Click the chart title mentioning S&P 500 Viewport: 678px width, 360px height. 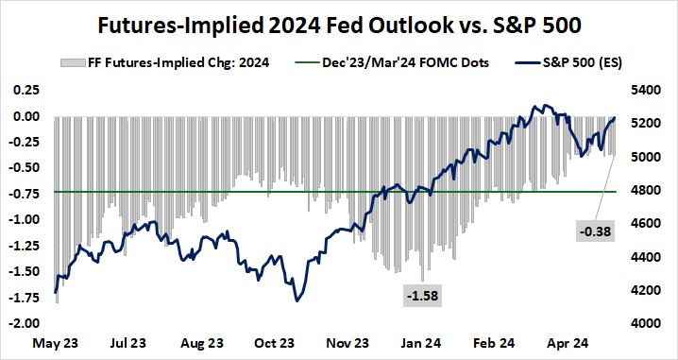click(x=338, y=22)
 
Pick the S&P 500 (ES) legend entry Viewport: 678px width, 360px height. click(x=560, y=64)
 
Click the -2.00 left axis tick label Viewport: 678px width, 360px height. click(x=25, y=322)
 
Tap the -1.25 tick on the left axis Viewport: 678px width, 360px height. click(x=25, y=245)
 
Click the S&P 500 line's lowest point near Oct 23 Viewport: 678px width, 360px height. click(x=297, y=300)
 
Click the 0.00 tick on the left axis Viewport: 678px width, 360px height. click(x=27, y=116)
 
